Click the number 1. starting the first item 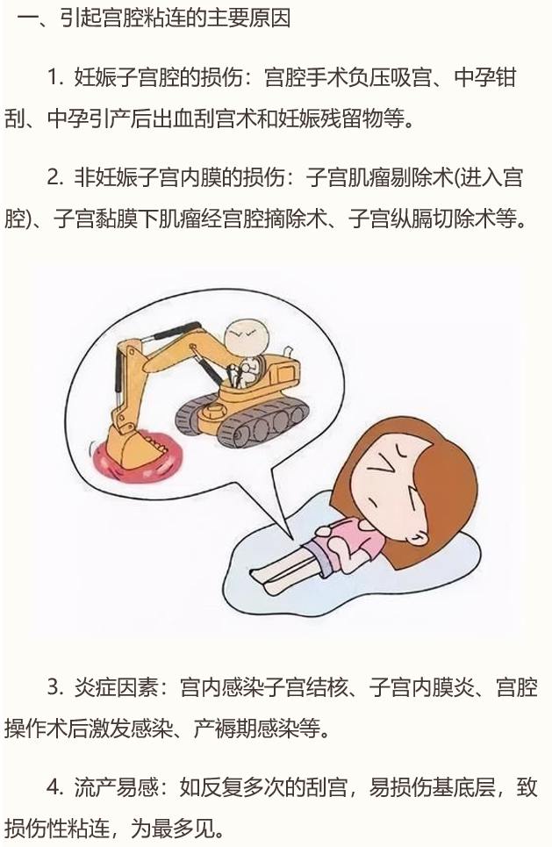[55, 78]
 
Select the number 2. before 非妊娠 [55, 177]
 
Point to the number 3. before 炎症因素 [55, 688]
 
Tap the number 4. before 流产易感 [55, 787]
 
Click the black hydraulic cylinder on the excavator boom [176, 329]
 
